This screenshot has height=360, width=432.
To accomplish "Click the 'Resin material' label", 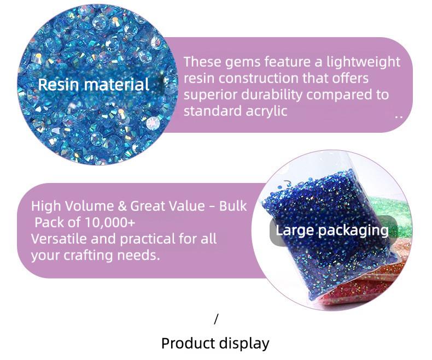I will pos(94,85).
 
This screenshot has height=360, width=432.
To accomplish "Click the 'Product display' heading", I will pos(215,343).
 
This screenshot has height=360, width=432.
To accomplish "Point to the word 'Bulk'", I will pos(233,206).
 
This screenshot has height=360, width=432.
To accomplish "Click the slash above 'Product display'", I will pos(216,319).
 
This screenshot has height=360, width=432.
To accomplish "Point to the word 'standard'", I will pos(209,111).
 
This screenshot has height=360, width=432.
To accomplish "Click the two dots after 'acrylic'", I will pos(398,116).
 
